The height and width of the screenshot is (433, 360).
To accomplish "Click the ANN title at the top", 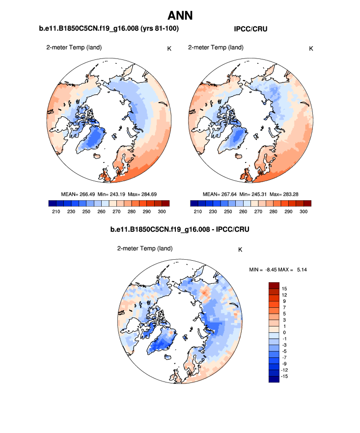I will tap(180, 15).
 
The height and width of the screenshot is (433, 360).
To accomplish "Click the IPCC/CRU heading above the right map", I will tap(250, 29).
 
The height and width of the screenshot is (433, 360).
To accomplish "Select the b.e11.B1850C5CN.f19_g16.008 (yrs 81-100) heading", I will tap(109, 29).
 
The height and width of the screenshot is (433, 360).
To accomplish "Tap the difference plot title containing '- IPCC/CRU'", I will tap(180, 229).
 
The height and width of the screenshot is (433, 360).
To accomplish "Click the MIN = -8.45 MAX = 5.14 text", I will tap(278, 270).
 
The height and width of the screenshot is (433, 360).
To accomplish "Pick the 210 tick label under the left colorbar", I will tap(55, 211).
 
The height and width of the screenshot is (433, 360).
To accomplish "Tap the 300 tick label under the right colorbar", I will tap(304, 211).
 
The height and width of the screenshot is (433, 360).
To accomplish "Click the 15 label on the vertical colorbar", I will tap(284, 289).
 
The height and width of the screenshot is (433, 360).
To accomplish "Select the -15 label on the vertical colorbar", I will tap(285, 376).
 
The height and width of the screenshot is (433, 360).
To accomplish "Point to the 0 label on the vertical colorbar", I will tap(284, 332).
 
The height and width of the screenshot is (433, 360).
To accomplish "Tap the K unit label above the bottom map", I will tap(240, 249).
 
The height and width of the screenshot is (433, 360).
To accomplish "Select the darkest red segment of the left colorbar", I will tap(166, 203).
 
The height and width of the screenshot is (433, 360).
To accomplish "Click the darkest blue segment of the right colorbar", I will tap(193, 203).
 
